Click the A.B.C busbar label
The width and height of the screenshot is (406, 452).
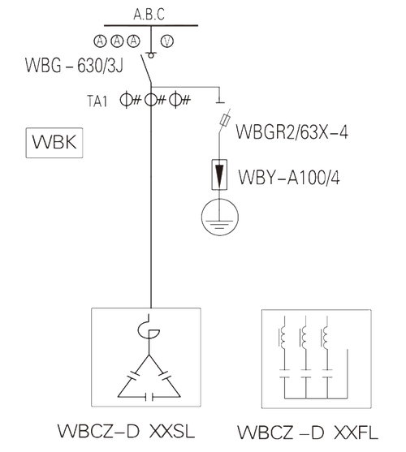pyautogui.click(x=149, y=15)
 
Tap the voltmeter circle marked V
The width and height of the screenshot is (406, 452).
pyautogui.click(x=167, y=41)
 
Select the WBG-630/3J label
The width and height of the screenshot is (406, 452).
pyautogui.click(x=74, y=66)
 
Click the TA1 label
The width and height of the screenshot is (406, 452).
pyautogui.click(x=97, y=101)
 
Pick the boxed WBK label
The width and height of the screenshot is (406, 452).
pyautogui.click(x=54, y=143)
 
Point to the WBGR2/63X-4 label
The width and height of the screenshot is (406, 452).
pyautogui.click(x=292, y=131)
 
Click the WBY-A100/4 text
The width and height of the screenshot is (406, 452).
pyautogui.click(x=289, y=177)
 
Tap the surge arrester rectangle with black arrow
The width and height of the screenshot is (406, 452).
pyautogui.click(x=219, y=174)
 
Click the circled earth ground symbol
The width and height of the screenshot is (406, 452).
pyautogui.click(x=220, y=217)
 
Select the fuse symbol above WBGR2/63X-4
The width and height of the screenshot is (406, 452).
pyautogui.click(x=225, y=119)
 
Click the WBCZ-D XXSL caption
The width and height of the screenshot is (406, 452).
pyautogui.click(x=127, y=431)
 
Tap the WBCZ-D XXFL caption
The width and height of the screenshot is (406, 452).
pyautogui.click(x=308, y=432)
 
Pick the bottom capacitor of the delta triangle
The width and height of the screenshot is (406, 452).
pyautogui.click(x=149, y=398)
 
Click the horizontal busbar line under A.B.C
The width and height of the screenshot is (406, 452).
pyautogui.click(x=151, y=25)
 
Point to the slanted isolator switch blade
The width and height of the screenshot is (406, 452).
pyautogui.click(x=146, y=69)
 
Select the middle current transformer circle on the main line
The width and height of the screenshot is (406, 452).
pyautogui.click(x=150, y=100)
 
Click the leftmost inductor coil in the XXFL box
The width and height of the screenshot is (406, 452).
pyautogui.click(x=283, y=337)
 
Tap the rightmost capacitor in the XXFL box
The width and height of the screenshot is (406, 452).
pyautogui.click(x=327, y=373)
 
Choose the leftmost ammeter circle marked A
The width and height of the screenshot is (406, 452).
pyautogui.click(x=100, y=41)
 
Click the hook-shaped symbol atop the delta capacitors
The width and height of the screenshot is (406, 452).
pyautogui.click(x=149, y=326)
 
